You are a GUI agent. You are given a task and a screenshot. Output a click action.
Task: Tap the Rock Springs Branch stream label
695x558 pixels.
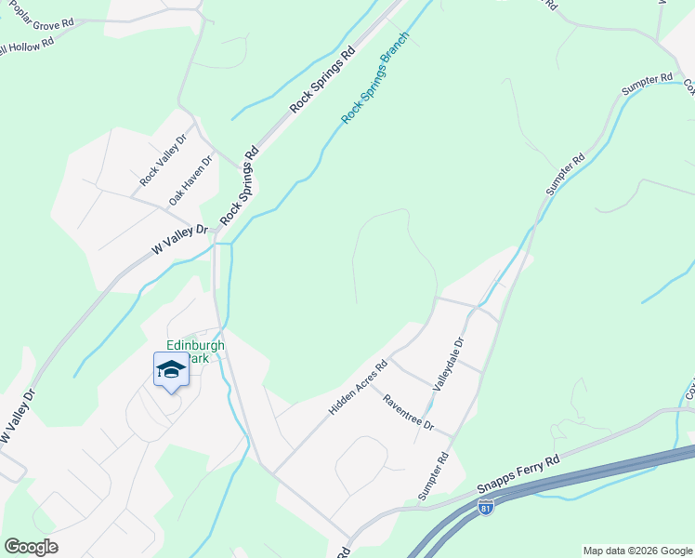(376, 88)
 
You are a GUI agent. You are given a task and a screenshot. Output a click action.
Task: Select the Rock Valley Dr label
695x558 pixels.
(164, 159)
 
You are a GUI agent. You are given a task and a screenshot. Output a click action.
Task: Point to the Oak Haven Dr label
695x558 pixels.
(190, 180)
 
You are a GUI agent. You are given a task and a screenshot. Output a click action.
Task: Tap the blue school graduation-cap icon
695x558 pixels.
(171, 370)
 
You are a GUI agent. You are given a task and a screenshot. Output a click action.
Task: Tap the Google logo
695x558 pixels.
(31, 547)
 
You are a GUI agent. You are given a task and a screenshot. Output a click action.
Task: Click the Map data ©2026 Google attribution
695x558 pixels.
(638, 551)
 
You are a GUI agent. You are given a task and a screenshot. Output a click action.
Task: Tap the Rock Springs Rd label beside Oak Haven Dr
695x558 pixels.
(239, 187)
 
